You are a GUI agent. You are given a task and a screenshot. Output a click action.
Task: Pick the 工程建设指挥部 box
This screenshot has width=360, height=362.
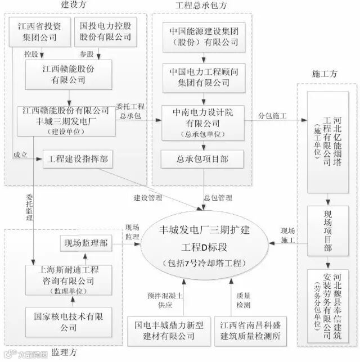pos(78,160)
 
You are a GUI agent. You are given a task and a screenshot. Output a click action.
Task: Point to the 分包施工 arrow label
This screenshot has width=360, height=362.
pos(272,115)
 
